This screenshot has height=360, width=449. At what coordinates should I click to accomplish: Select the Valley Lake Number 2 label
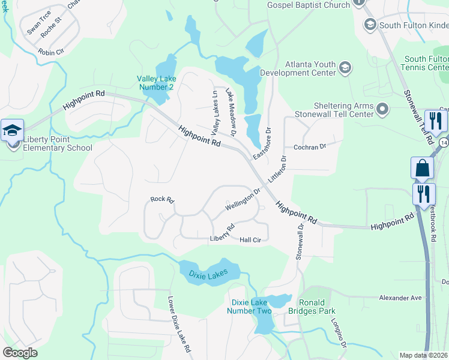pos(155,82)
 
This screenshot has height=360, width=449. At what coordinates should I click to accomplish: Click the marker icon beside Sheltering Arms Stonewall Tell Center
pos(382,109)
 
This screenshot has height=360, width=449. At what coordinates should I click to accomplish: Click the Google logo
pos(20,352)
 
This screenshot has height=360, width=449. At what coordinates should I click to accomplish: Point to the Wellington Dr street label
pos(243,200)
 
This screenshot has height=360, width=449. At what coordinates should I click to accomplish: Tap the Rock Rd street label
pos(161,199)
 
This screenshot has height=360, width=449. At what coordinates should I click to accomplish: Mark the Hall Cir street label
pos(250,240)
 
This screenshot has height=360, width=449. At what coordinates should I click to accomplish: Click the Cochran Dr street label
pos(309,146)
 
